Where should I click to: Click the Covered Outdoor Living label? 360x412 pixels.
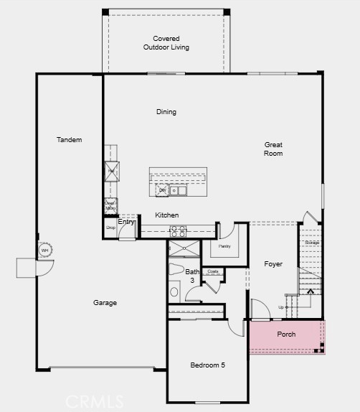coord(166,43)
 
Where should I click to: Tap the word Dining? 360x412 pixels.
coord(166,112)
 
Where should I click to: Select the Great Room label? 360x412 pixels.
coord(273,149)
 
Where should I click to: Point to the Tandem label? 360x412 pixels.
coord(70,139)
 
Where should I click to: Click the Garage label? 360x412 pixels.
coord(105,303)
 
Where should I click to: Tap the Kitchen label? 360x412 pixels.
coord(167,215)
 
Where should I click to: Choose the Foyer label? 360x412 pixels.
coord(273,264)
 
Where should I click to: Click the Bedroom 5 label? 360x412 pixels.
coord(207,365)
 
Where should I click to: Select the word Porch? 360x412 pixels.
coord(286,334)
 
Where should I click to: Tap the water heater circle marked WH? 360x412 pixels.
coord(44,250)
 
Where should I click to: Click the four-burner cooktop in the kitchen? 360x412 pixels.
coord(177,231)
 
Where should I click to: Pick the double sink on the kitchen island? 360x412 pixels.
coord(177,191)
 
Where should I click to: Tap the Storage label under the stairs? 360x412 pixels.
coord(311,243)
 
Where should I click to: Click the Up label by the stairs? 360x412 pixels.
coord(280,307)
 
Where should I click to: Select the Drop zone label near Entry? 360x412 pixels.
coord(110,228)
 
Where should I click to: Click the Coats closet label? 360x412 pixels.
coord(213,271)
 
